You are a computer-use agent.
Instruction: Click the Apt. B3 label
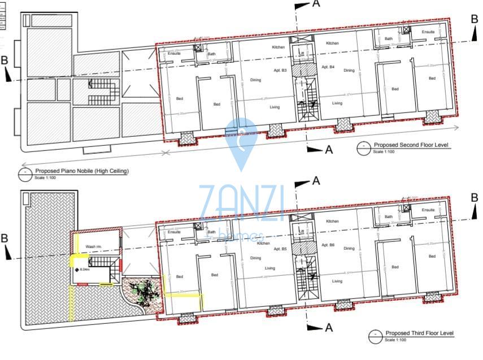pos(281,71)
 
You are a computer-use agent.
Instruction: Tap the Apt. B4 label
pos(328,67)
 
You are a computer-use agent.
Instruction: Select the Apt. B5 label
pos(281,249)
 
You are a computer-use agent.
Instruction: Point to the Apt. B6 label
pos(328,246)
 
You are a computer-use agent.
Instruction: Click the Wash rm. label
pos(93,247)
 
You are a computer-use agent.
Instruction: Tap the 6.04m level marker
pos(84,270)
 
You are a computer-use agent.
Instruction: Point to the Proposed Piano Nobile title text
pos(82,171)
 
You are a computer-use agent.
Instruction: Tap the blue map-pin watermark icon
pos(241,141)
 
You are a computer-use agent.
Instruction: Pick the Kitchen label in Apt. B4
pos(332,44)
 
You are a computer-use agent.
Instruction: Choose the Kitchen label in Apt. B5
pos(263,243)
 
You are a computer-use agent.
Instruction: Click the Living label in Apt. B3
pos(275,107)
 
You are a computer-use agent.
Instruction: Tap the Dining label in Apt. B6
pos(349,248)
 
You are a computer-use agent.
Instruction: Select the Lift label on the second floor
pos(302,54)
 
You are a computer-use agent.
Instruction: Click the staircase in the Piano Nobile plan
pos(102,90)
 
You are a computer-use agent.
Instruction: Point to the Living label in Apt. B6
pos(337,281)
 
